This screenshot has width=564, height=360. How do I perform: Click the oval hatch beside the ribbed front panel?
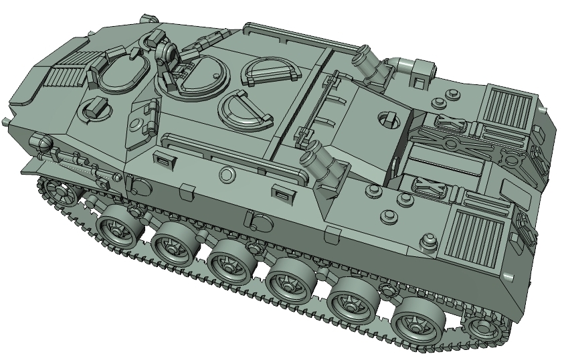tap(120, 71)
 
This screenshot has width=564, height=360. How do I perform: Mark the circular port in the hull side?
tap(227, 175)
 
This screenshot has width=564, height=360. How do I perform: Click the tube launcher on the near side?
tap(323, 165)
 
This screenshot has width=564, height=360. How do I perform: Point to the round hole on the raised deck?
tap(387, 118)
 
